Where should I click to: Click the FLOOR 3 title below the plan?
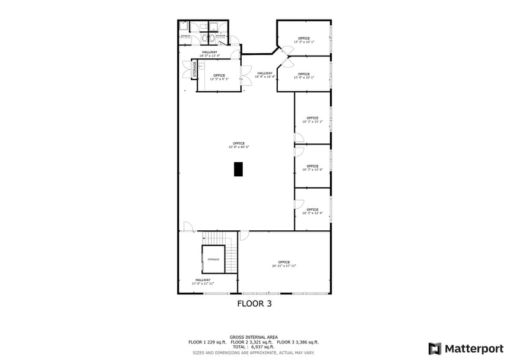(x=254, y=303)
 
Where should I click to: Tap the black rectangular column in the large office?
(x=239, y=169)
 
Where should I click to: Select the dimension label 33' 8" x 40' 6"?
(x=239, y=147)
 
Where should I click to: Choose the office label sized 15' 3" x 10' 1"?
(x=304, y=40)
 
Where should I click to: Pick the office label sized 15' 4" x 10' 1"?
(x=304, y=76)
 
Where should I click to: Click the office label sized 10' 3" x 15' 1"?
(x=313, y=120)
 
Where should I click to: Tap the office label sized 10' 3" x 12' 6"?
(x=313, y=168)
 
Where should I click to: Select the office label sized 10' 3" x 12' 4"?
(x=313, y=211)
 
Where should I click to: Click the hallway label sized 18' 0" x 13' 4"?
(x=209, y=54)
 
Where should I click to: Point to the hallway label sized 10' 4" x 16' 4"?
(x=265, y=75)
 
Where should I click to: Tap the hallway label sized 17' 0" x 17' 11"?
(x=203, y=282)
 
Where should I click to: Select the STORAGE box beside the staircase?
(x=213, y=260)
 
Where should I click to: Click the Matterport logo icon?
(x=434, y=348)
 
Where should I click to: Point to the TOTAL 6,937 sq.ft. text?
(x=253, y=347)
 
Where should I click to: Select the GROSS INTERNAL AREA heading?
(x=253, y=337)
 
